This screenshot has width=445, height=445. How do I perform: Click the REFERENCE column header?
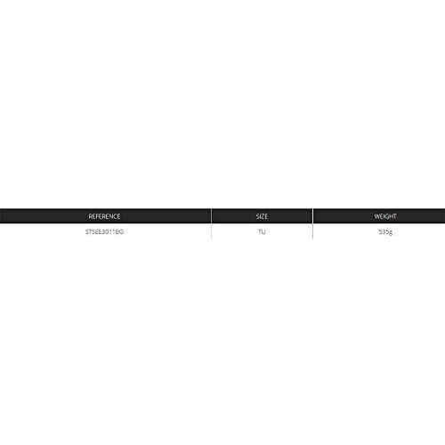point(104,216)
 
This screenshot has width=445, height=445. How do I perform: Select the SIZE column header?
point(262,216)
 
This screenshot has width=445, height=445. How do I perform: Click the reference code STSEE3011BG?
point(104,231)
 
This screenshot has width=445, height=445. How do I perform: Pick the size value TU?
point(262,231)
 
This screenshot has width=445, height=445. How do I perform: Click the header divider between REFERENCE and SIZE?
point(211,216)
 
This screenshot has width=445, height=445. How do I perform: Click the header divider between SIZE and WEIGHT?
point(313,216)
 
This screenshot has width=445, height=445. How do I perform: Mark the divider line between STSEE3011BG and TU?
point(211,231)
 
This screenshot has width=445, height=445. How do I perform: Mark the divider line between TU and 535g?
point(313,231)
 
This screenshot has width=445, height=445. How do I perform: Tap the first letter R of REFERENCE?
point(90,216)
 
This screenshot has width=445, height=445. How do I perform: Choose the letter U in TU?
point(264,231)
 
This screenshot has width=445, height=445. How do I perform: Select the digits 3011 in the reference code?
point(108,231)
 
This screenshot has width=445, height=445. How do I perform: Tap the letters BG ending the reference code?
point(119,231)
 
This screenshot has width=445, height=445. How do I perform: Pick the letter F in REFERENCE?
point(98,216)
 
